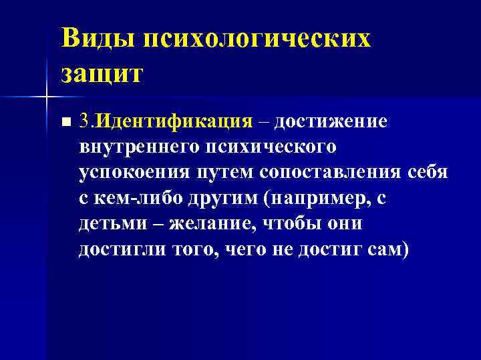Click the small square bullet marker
(64, 122)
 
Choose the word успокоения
(134, 172)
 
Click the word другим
(217, 197)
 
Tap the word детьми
(111, 223)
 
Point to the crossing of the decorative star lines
(46, 97)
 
